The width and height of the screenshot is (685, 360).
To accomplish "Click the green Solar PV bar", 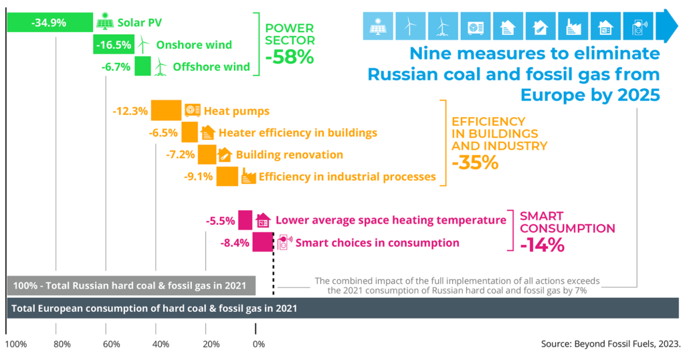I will [50, 22].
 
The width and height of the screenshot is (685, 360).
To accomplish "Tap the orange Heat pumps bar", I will [166, 110].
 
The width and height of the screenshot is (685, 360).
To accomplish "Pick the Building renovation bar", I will [207, 155].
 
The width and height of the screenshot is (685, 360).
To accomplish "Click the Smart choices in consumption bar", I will [262, 242].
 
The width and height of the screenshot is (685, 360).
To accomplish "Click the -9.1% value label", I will [198, 177].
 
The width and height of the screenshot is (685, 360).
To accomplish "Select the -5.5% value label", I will [221, 220].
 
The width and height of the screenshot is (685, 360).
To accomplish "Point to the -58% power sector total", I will [289, 58].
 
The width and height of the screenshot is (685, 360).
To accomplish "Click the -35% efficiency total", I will [475, 163].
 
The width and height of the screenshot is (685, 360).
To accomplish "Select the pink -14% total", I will [542, 245].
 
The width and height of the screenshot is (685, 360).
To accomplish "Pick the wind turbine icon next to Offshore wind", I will [160, 66].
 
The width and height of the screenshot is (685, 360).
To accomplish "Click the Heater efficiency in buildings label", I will [298, 132].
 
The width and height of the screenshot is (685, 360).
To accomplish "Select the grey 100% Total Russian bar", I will [131, 286].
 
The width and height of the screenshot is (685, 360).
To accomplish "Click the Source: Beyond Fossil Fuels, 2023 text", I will [610, 345].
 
